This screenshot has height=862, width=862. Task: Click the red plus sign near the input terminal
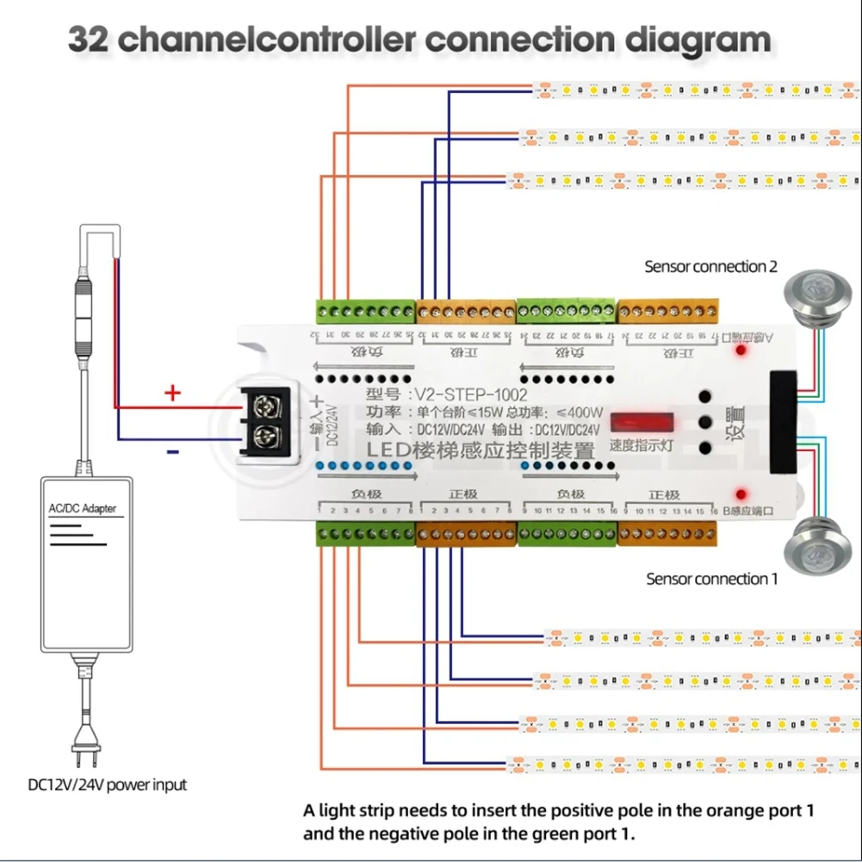(173, 394)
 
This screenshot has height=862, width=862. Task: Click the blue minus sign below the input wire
(173, 450)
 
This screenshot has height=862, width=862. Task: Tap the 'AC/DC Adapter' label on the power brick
(82, 508)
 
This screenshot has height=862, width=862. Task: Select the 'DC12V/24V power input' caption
(107, 784)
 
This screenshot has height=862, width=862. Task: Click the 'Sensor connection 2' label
(710, 267)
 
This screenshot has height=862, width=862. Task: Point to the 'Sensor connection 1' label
(711, 579)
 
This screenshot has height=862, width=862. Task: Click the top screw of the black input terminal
(268, 403)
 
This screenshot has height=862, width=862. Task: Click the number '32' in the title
(89, 40)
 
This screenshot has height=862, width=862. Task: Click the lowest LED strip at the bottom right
(680, 763)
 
